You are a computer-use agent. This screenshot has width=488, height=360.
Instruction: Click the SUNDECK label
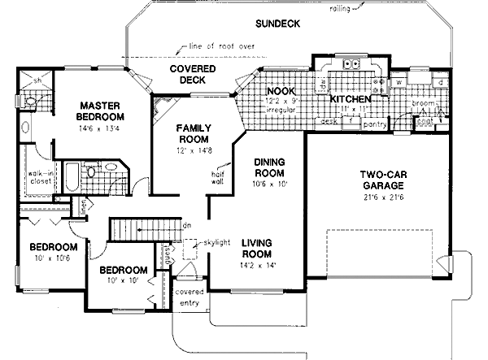pyautogui.click(x=277, y=24)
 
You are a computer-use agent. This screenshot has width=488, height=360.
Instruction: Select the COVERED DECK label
pyautogui.click(x=193, y=74)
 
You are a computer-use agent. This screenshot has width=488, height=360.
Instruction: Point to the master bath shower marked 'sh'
pyautogui.click(x=37, y=81)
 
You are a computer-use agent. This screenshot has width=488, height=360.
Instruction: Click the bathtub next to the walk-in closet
pyautogui.click(x=71, y=176)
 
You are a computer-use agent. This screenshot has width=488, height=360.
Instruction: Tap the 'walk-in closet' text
pyautogui.click(x=37, y=176)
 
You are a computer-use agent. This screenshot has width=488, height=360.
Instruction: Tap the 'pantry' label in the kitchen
pyautogui.click(x=375, y=125)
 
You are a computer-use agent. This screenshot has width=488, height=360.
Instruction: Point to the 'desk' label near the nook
pyautogui.click(x=329, y=121)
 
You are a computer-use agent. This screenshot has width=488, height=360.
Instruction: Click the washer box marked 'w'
pyautogui.click(x=400, y=82)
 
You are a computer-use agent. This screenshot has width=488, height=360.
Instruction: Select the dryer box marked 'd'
pyautogui.click(x=439, y=82)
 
